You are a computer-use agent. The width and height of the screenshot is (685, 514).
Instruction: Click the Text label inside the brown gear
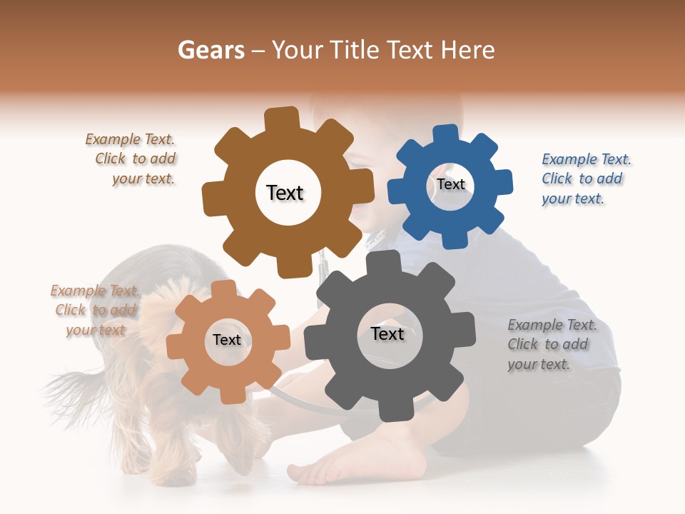pos(285,193)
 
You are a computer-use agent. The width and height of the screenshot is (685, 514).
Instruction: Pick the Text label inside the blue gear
pos(451,184)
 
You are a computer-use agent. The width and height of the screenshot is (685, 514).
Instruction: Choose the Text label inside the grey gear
pos(387,334)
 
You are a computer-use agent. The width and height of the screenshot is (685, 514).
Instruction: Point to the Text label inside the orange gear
pos(227,341)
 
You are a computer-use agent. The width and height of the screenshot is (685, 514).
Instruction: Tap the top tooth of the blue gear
pos(445,134)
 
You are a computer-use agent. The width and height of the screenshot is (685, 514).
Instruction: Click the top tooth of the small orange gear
pos(224,288)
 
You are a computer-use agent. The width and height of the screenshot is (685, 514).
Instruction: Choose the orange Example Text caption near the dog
pos(96,311)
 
